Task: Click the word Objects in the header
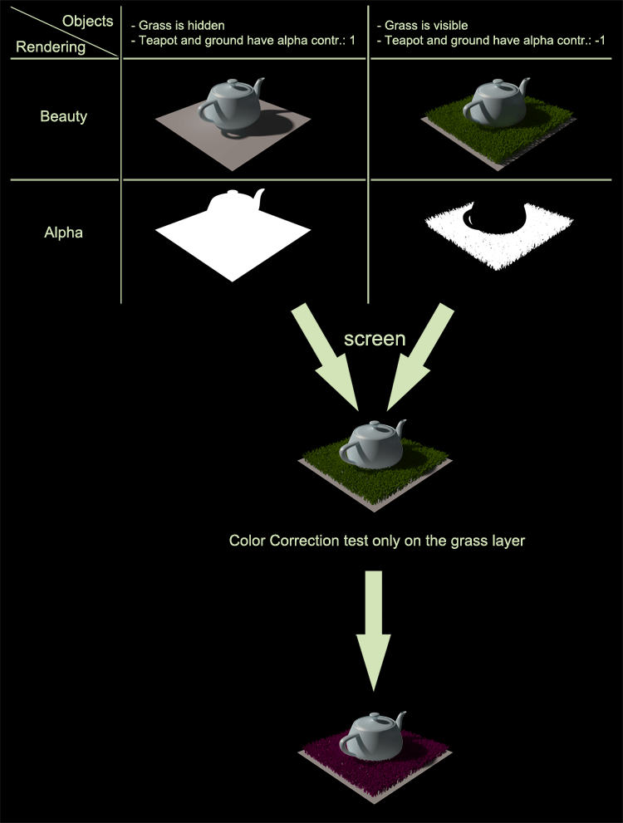[87, 22]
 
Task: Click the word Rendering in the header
[51, 47]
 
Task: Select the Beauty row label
[63, 117]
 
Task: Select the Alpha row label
[64, 233]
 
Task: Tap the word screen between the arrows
[375, 339]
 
